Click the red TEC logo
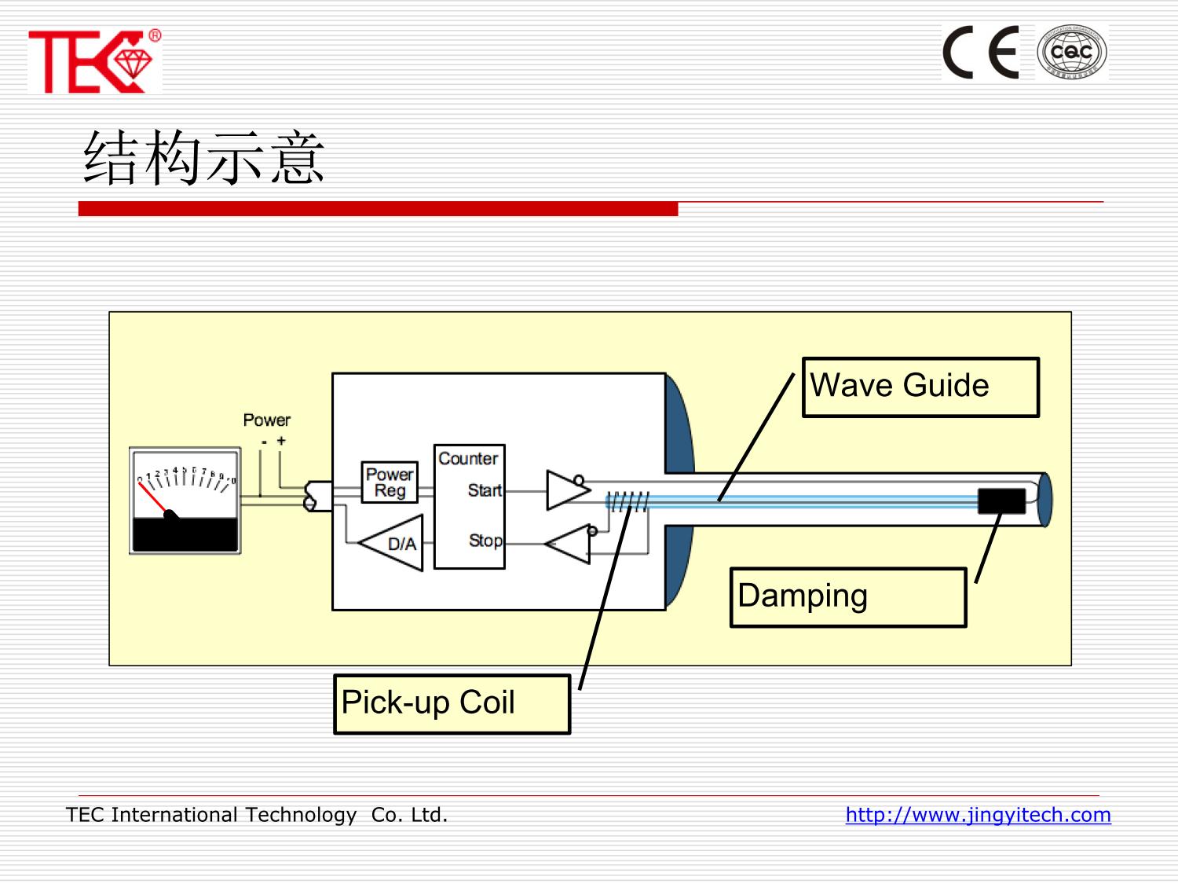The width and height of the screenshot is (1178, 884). pyautogui.click(x=93, y=61)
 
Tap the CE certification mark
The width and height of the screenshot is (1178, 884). pyautogui.click(x=981, y=53)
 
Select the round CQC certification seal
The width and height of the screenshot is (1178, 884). pyautogui.click(x=1071, y=53)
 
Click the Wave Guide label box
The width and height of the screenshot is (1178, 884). pyautogui.click(x=920, y=387)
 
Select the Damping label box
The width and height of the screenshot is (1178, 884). pyautogui.click(x=848, y=597)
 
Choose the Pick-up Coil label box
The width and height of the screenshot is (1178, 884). pyautogui.click(x=452, y=703)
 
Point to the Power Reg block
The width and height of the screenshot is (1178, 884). pyautogui.click(x=390, y=482)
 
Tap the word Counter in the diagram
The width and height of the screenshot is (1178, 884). pyautogui.click(x=468, y=458)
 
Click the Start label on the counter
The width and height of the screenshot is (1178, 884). pyautogui.click(x=485, y=490)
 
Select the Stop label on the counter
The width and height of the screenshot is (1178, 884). pyautogui.click(x=485, y=541)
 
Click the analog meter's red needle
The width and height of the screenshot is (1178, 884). pyautogui.click(x=152, y=497)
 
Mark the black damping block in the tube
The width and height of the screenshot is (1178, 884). pyautogui.click(x=1001, y=501)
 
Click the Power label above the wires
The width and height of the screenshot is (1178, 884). pyautogui.click(x=266, y=420)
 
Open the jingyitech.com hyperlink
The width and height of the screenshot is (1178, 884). pyautogui.click(x=978, y=815)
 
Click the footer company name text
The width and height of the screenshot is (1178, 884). pyautogui.click(x=257, y=815)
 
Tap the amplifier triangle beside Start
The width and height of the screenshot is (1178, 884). pyautogui.click(x=565, y=490)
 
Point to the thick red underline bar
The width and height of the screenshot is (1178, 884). pyautogui.click(x=378, y=209)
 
